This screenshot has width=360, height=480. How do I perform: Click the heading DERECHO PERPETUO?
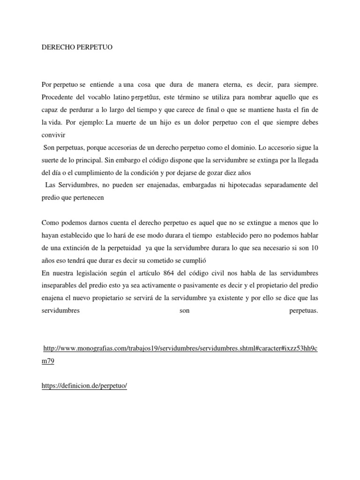point(75,48)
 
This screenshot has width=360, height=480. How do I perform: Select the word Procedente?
point(58,97)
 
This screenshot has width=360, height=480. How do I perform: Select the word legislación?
point(99,272)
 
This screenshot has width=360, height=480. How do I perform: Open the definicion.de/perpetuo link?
point(84,385)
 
